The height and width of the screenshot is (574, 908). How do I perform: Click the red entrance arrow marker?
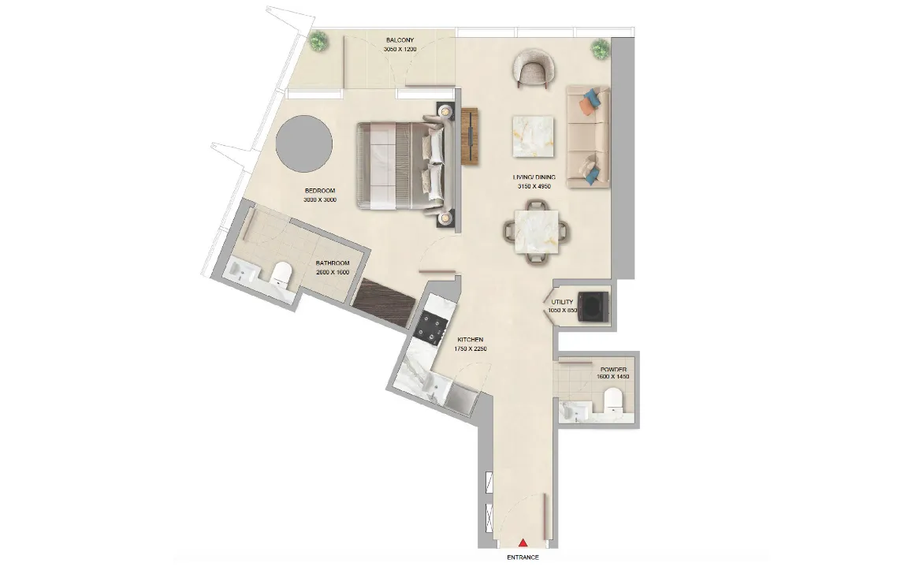[x=523, y=542]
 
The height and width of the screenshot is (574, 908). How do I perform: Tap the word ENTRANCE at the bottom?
[x=523, y=557]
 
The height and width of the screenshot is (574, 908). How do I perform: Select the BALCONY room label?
[x=400, y=40]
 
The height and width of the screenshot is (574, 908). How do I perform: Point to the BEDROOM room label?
[x=321, y=191]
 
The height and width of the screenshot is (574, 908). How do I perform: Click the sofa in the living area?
[x=587, y=136]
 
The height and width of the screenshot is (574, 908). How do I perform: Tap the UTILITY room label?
[x=562, y=302]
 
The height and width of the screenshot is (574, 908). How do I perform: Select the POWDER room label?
[x=613, y=369]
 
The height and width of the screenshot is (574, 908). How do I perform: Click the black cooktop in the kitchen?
[x=432, y=323]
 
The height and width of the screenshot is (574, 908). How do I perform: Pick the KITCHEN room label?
[x=470, y=340]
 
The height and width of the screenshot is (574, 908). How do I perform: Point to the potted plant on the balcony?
[x=318, y=42]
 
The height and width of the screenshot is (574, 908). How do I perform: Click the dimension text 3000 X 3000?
[x=320, y=200]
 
